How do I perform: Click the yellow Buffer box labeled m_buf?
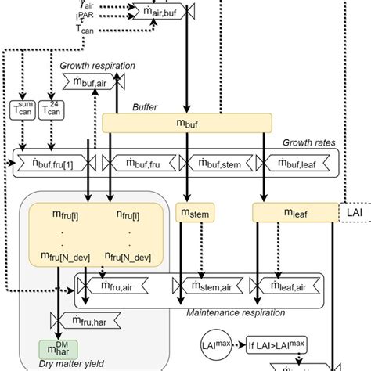pyautogui.click(x=188, y=123)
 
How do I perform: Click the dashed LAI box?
pyautogui.click(x=353, y=211)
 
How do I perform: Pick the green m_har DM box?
pyautogui.click(x=53, y=348)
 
